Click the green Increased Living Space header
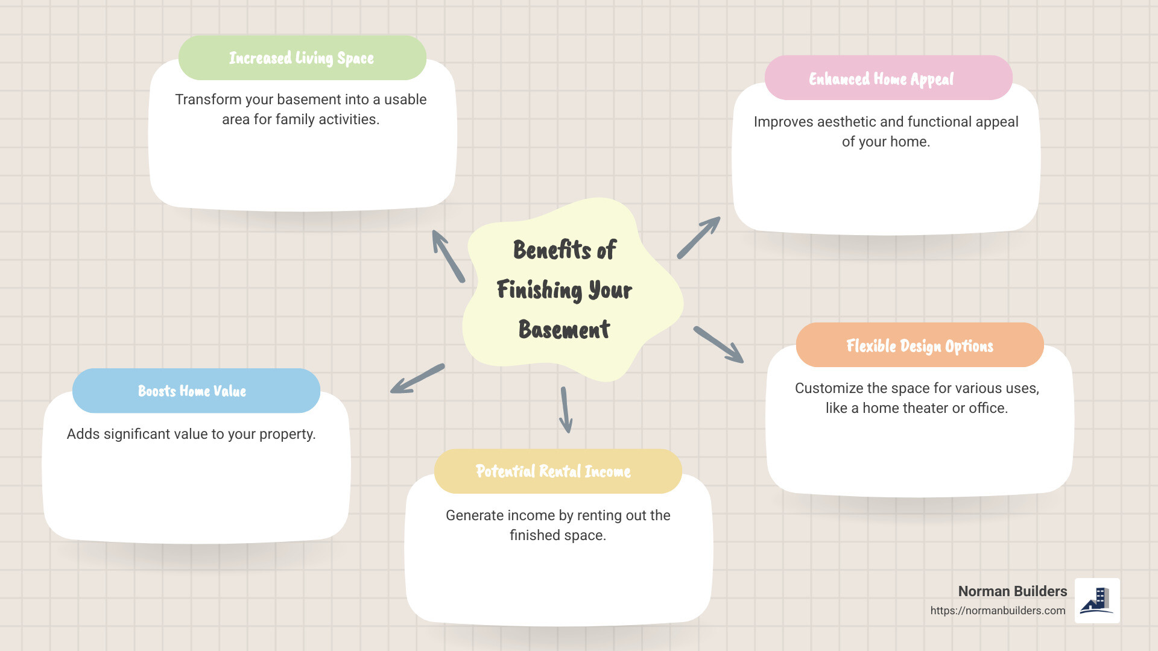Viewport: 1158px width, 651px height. pyautogui.click(x=302, y=58)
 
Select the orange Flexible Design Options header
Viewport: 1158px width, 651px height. pyautogui.click(x=919, y=345)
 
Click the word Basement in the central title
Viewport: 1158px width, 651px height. pyautogui.click(x=564, y=330)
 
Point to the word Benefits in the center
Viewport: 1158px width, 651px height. pyautogui.click(x=551, y=250)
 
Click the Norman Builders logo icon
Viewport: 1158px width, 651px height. pyautogui.click(x=1097, y=600)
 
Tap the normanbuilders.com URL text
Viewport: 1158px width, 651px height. pyautogui.click(x=998, y=611)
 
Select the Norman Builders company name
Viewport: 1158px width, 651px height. pyautogui.click(x=1012, y=591)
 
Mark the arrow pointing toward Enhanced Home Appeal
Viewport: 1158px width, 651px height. pyautogui.click(x=698, y=237)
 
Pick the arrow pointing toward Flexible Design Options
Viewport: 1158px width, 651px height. pyautogui.click(x=718, y=345)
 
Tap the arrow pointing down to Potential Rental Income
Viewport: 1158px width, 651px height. pyautogui.click(x=566, y=410)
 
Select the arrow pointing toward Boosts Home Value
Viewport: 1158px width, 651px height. pyautogui.click(x=417, y=379)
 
